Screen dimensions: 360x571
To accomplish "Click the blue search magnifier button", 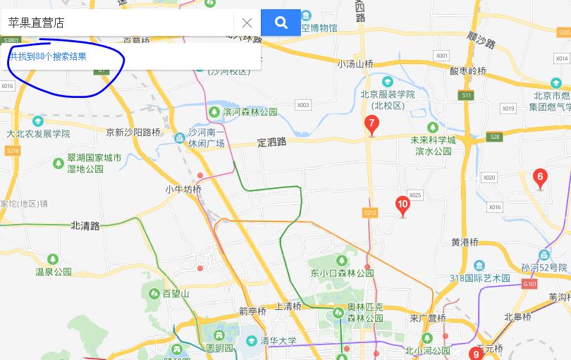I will (x=281, y=23).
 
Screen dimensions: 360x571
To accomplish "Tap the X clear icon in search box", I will (x=247, y=23).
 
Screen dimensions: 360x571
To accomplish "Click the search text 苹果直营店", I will (x=36, y=23).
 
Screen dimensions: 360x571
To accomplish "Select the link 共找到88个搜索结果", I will (x=48, y=56).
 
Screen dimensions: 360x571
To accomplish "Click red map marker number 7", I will (x=372, y=125).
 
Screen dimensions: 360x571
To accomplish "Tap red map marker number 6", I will (x=540, y=178).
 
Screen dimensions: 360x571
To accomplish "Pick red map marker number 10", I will (x=403, y=206).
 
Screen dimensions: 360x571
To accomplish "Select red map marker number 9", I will (x=476, y=354).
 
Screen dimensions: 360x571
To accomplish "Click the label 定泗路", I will (x=272, y=142).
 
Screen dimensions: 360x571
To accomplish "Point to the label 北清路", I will (x=85, y=225).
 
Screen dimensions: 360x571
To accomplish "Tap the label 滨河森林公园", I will (x=250, y=112).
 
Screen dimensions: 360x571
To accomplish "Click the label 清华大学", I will (x=278, y=341).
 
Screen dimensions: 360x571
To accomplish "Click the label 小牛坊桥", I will (x=183, y=190).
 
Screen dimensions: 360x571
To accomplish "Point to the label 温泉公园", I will (x=54, y=271).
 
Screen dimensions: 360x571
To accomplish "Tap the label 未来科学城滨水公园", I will (x=433, y=146).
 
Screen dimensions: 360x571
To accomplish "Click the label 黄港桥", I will (x=465, y=242).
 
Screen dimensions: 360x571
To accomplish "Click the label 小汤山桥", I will (x=355, y=63).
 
